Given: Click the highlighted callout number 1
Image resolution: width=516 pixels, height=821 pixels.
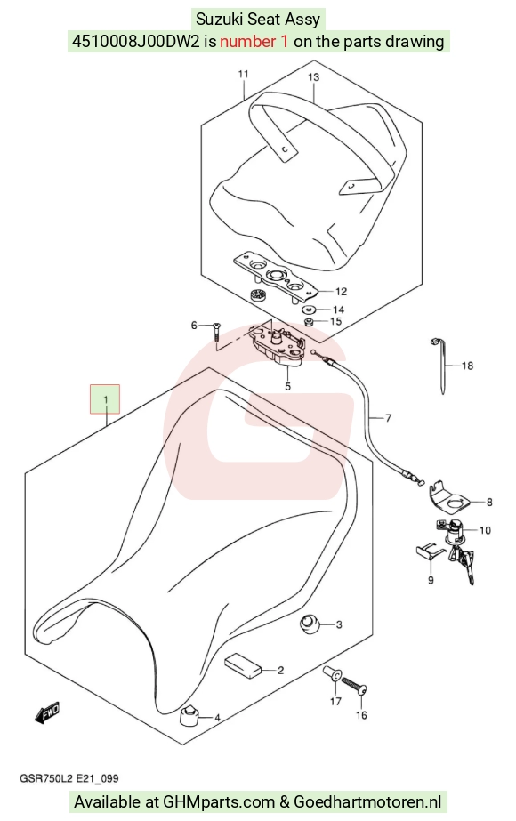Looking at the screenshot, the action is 105,399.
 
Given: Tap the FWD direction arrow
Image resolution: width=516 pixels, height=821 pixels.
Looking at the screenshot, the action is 47,712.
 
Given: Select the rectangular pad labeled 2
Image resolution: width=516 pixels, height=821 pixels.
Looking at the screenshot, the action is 243,664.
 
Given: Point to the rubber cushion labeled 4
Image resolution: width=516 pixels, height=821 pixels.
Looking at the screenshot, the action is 189,716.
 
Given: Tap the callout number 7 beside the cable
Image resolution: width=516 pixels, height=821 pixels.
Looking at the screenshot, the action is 388,418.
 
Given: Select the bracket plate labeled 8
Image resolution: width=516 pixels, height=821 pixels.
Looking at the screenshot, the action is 448,498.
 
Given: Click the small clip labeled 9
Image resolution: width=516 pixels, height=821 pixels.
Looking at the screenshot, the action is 430,551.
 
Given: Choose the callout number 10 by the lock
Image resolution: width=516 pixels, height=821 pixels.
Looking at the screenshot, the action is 485,530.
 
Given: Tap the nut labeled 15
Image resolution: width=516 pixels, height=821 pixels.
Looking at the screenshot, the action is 309,321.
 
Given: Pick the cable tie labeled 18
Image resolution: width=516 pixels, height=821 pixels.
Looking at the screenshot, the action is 440,365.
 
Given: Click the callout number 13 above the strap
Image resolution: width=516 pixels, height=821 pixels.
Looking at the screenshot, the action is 313,77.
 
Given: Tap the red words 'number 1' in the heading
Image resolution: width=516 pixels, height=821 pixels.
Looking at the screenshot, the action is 254,42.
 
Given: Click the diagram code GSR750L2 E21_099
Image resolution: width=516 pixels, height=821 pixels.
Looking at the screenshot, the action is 69,778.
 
